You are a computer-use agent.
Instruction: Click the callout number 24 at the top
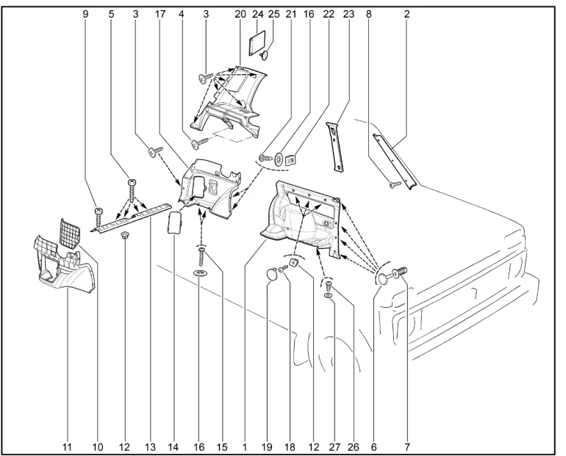257,14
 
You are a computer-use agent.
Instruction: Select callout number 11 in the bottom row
67,446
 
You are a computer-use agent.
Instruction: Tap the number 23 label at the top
348,14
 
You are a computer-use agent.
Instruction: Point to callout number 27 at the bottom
334,446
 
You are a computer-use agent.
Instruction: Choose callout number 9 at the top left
86,14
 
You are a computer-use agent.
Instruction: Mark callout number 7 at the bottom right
406,446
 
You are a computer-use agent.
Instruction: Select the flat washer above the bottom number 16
200,273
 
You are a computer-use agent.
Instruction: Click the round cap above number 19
273,275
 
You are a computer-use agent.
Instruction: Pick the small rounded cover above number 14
175,222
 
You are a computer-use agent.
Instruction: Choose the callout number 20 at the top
240,14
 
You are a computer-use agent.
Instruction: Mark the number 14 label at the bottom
173,446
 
